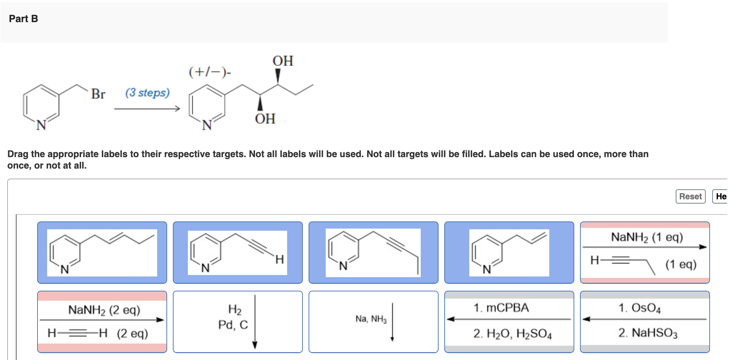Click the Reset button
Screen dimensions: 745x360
[x=690, y=196]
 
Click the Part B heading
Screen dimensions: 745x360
[x=24, y=19]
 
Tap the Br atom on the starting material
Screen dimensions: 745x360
[x=98, y=94]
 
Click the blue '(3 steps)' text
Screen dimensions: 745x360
[x=147, y=92]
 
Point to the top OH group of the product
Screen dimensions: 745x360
[x=283, y=61]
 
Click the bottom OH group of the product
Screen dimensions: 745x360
[x=265, y=119]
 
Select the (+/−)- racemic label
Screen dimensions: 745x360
[x=210, y=72]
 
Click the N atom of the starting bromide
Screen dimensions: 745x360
[x=41, y=125]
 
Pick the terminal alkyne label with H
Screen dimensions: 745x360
[x=237, y=252]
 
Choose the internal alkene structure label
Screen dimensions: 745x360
[x=102, y=252]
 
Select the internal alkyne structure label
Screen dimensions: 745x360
[x=373, y=252]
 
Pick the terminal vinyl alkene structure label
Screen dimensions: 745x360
[x=509, y=252]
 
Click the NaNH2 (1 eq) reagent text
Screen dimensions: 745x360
[x=647, y=237]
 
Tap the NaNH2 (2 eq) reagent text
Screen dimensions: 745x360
[x=104, y=310]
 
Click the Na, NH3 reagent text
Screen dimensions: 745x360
[x=371, y=319]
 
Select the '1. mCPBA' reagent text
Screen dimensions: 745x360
[x=501, y=308]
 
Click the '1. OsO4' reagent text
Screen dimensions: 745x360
[x=639, y=308]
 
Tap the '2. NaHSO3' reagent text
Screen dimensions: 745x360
[x=647, y=333]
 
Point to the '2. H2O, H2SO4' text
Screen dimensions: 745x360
[x=512, y=334]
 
